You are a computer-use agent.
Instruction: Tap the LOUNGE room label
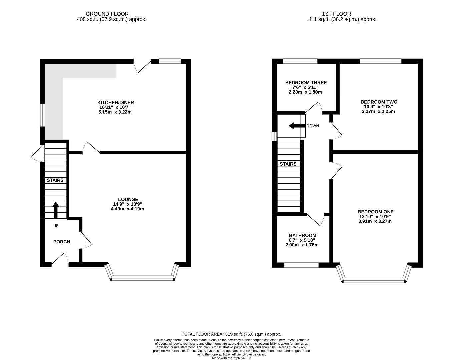(127, 199)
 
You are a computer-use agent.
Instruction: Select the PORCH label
(62, 242)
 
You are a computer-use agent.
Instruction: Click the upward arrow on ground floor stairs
(56, 209)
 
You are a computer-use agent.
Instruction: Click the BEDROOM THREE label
(306, 83)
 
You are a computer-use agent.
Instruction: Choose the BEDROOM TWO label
(379, 102)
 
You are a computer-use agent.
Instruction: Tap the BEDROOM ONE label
(375, 212)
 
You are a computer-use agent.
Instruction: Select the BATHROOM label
(302, 235)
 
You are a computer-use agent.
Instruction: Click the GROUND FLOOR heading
(107, 14)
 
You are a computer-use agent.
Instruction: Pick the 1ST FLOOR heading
(336, 14)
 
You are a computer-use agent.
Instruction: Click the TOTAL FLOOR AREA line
(231, 334)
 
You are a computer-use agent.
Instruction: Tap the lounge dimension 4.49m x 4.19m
(127, 209)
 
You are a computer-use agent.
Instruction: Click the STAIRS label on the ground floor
(55, 180)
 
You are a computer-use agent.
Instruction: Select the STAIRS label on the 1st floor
(288, 164)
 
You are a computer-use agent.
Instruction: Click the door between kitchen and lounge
(91, 148)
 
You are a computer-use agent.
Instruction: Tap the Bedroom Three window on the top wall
(300, 61)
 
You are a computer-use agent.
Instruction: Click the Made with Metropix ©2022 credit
(231, 358)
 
